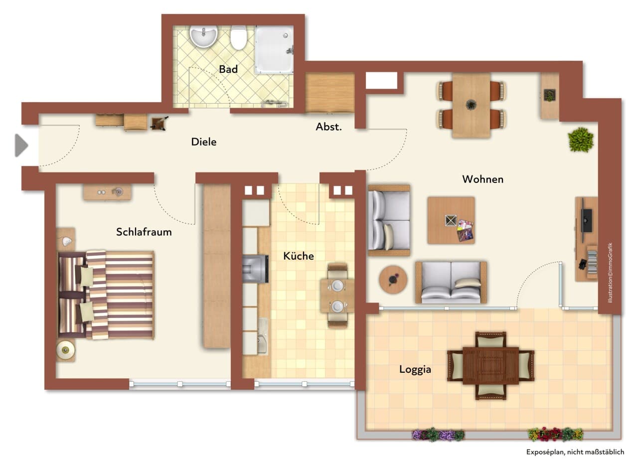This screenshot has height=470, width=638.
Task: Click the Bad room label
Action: tap(228, 69)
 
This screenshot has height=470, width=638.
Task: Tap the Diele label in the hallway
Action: tap(204, 142)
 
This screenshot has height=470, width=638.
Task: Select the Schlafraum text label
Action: tap(144, 232)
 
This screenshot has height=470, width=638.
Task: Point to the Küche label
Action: tap(299, 256)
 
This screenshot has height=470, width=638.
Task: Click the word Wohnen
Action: tap(483, 179)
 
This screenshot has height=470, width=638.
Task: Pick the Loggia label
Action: tap(415, 370)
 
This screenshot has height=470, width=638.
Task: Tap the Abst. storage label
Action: tap(328, 127)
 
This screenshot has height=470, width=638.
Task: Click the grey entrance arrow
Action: tap(21, 146)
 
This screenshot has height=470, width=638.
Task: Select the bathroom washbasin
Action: tap(204, 36)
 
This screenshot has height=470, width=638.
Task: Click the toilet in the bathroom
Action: tap(238, 38)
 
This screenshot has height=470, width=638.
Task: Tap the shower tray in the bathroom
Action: tap(274, 50)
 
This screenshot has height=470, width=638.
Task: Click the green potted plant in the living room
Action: tap(581, 140)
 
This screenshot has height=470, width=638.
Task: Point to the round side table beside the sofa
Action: tap(393, 280)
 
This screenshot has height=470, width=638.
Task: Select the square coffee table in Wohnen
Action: tap(451, 220)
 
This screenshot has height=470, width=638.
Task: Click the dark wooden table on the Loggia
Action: tap(491, 365)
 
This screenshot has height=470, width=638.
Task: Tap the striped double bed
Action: tap(106, 295)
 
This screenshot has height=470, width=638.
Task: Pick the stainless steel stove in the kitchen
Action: tap(255, 269)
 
